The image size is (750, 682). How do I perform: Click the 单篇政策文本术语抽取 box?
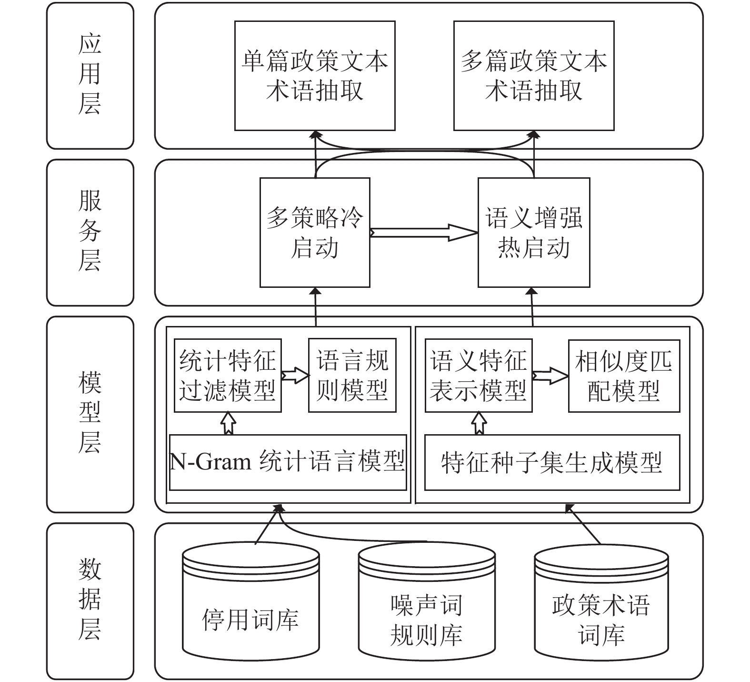[x=315, y=76]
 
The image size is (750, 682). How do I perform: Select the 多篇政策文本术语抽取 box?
[x=534, y=76]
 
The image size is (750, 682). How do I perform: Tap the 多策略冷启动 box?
[x=315, y=233]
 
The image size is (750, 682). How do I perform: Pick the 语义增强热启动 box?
[x=534, y=233]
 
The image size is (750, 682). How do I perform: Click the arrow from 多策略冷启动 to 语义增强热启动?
[x=424, y=233]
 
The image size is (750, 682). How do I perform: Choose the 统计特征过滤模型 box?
[x=228, y=376]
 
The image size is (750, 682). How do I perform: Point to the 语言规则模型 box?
[x=352, y=376]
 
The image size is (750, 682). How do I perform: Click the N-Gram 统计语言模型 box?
[x=288, y=462]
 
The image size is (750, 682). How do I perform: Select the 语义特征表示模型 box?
[x=479, y=376]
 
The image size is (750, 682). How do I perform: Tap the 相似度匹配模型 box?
[x=624, y=376]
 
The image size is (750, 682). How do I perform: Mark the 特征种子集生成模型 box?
[x=552, y=462]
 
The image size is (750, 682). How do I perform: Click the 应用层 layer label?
[x=90, y=75]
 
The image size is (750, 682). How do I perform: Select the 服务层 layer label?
[x=90, y=233]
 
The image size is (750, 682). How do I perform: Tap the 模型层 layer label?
[x=90, y=414]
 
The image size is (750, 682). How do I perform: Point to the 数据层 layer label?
[x=90, y=601]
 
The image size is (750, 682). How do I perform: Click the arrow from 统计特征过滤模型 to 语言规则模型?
[x=295, y=376]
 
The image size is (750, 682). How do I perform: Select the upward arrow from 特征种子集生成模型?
[x=479, y=423]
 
